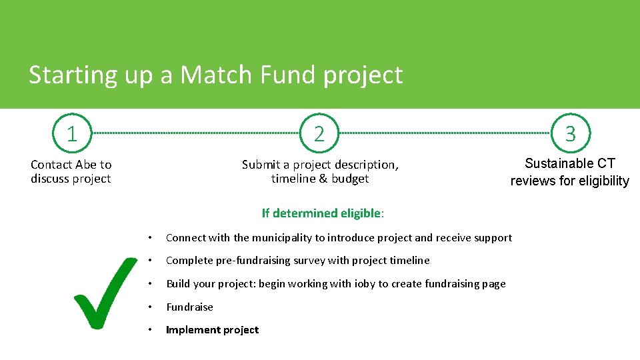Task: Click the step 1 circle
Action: (x=71, y=133)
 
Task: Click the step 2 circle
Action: (x=319, y=133)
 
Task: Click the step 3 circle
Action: (x=570, y=133)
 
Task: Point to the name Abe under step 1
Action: (x=85, y=165)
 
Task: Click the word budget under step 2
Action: (x=349, y=179)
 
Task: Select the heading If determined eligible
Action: (x=323, y=213)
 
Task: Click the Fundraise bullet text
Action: (x=189, y=307)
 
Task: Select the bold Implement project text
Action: (x=212, y=330)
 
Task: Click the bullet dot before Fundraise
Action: (x=151, y=307)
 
